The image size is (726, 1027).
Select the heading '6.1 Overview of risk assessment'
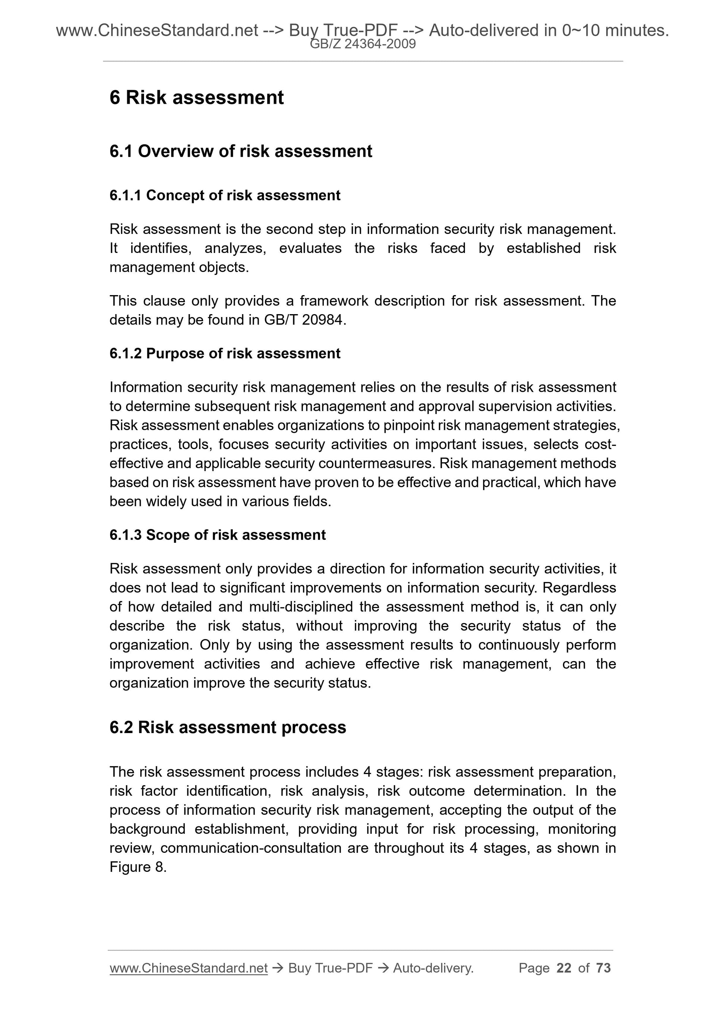(241, 151)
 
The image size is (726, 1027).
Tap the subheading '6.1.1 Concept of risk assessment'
(225, 195)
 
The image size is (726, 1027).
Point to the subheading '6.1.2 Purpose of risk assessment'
(225, 353)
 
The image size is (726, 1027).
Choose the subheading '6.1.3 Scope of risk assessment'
(218, 535)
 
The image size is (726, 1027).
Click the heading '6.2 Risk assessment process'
(228, 727)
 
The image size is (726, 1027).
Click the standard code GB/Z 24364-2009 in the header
(363, 44)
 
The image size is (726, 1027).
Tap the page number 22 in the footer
(564, 968)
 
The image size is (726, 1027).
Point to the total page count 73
(603, 968)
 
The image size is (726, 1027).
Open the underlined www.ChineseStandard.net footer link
(188, 968)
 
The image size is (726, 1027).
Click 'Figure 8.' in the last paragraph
(138, 867)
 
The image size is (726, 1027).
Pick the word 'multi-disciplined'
(301, 607)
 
